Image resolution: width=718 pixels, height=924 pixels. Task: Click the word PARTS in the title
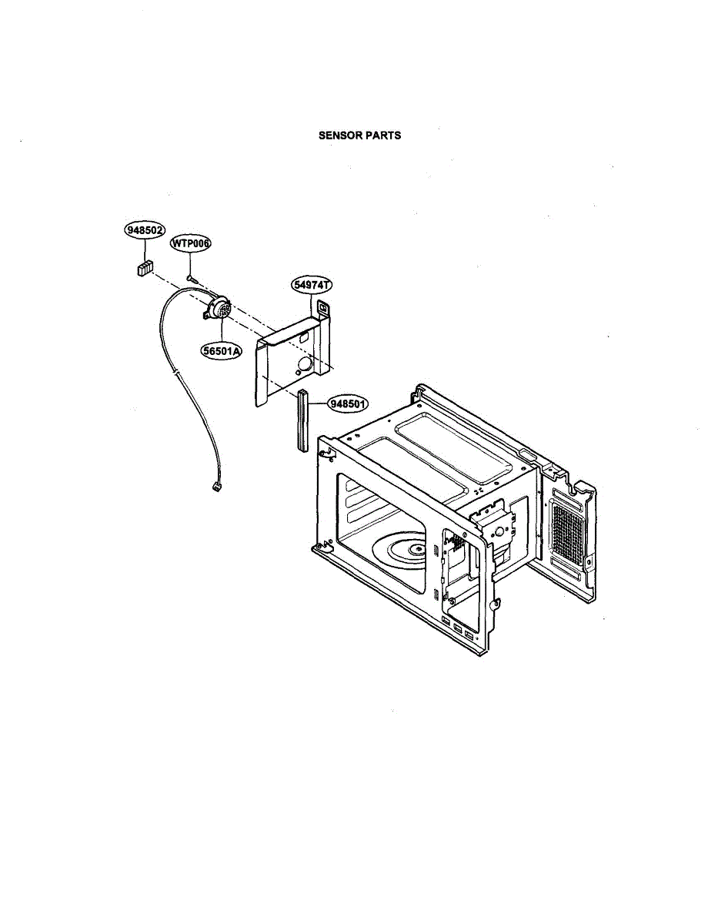coord(383,135)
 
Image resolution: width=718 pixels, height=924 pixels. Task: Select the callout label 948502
coord(145,229)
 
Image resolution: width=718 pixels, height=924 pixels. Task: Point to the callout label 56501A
coord(222,351)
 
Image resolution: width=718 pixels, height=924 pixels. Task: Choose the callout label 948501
coord(349,403)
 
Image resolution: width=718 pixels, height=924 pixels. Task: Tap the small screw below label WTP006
coord(192,276)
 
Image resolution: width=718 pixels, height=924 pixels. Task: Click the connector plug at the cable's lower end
coord(215,487)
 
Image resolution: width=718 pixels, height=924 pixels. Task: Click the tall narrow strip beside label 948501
coord(302,420)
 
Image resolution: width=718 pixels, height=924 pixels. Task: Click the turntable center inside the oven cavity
coord(416,549)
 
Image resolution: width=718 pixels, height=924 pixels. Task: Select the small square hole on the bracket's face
coord(305,336)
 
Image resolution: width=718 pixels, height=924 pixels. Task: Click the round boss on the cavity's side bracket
coord(499,531)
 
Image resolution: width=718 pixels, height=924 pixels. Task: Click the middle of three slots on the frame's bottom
coord(458,628)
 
